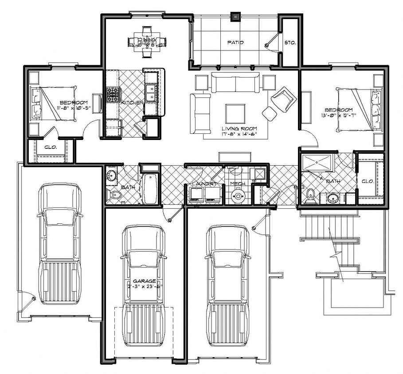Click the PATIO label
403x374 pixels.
point(236,43)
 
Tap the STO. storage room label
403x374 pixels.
point(290,43)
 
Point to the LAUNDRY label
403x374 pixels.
point(204,183)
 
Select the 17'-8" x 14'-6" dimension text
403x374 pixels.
point(240,134)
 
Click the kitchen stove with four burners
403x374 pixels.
point(113,94)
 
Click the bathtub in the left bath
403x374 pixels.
point(150,189)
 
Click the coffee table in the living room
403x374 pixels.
point(235,113)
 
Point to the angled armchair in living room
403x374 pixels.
point(283,98)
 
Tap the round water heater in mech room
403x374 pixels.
point(239,195)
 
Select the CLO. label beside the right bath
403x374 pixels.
point(367,181)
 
